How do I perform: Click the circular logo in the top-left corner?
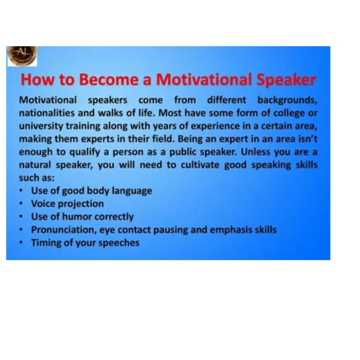[x=22, y=56]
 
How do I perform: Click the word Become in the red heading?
[x=109, y=79]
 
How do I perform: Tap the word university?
[x=41, y=127]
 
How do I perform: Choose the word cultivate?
[x=200, y=165]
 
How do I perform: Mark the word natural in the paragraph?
[x=35, y=165]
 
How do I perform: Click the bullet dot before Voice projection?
[x=21, y=204]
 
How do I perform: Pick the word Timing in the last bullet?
[x=46, y=243]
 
